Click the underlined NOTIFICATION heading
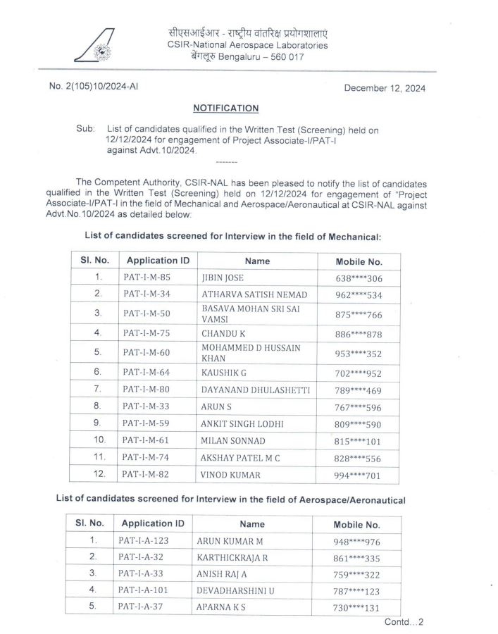tap(226, 108)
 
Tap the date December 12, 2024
tap(385, 89)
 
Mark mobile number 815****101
tap(359, 442)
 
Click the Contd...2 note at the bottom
tap(404, 622)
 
